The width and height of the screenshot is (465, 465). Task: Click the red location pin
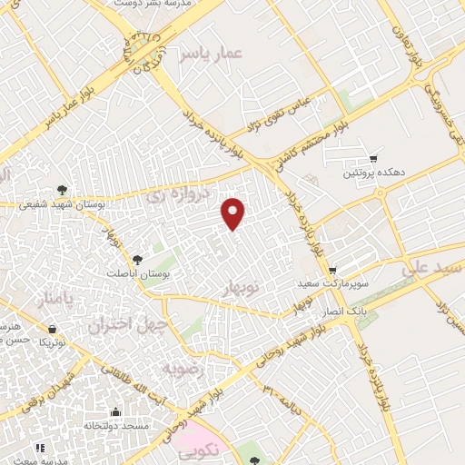[x=233, y=213]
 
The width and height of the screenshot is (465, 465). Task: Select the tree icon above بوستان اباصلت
[x=137, y=260]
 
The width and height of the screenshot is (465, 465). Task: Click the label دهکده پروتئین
[x=371, y=173]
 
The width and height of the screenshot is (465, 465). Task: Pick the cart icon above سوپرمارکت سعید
[x=333, y=270]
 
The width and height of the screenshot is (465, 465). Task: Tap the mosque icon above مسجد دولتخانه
[x=114, y=411]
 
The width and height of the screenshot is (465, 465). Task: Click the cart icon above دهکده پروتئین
[x=372, y=158]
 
